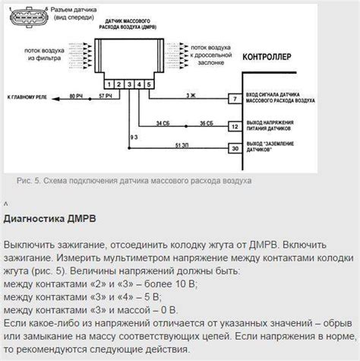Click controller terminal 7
(236, 99)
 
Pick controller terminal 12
(236, 125)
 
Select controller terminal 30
(236, 148)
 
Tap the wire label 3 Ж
(189, 95)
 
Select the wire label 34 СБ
(163, 122)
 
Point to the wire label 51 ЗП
(182, 144)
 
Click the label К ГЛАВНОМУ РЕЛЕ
(28, 98)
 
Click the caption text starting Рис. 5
(133, 180)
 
